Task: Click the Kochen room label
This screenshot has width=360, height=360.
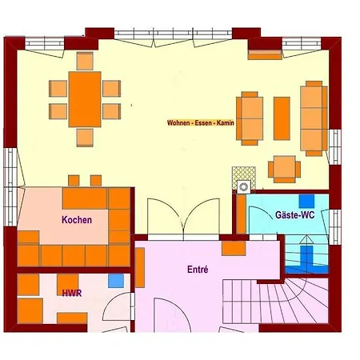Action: coord(77,220)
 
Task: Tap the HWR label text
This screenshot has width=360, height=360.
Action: coord(72,294)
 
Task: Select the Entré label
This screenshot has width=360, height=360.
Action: coord(198,270)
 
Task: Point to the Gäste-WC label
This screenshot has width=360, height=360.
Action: coord(294,215)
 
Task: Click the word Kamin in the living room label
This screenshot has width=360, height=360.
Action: coord(226,123)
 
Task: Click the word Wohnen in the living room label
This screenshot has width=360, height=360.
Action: coord(178,123)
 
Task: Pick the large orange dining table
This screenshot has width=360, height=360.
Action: coord(85,99)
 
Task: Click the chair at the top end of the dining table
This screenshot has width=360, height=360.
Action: coord(85,61)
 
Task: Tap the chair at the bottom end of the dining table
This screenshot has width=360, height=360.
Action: coord(85,138)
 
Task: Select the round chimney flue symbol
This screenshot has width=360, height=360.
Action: coord(244,187)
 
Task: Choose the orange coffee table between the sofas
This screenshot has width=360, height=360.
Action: coord(282,118)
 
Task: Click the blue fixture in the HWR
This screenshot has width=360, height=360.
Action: coord(116,281)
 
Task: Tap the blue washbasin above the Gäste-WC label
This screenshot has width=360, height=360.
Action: coord(306,201)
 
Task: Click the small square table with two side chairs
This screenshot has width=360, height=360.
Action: coord(284,170)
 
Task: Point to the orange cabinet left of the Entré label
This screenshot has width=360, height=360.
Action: coord(140,267)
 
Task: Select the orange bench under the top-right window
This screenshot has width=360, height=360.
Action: coord(265,54)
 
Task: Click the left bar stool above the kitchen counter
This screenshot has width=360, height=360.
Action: coord(74,181)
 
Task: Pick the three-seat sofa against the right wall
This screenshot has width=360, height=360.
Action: coord(314,118)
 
